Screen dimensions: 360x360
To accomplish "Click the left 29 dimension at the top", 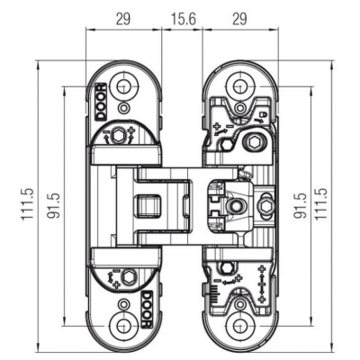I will tap(123, 17).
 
